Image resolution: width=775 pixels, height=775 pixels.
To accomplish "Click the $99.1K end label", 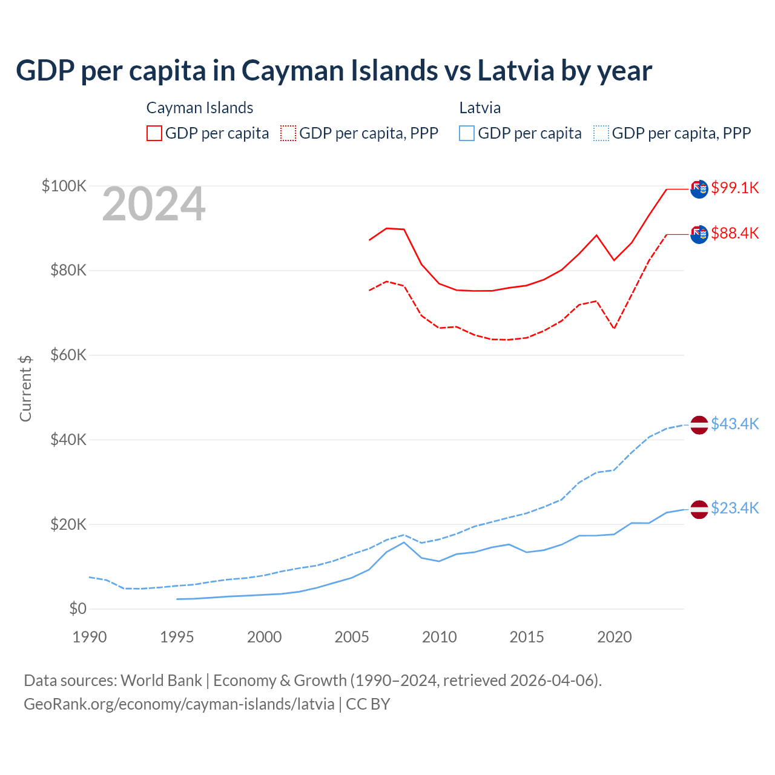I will click(734, 188).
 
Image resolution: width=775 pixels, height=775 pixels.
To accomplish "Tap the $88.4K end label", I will click(734, 233).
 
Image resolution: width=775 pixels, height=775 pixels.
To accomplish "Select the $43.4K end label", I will click(734, 424).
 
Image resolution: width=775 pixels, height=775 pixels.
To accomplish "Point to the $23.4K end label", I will click(734, 508).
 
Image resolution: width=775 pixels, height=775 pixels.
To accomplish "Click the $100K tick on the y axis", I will click(64, 186).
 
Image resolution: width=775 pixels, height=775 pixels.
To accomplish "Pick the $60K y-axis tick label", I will click(68, 355).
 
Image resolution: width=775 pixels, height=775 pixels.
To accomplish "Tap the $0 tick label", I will click(77, 608).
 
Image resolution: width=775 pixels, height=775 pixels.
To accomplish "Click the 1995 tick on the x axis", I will click(177, 637).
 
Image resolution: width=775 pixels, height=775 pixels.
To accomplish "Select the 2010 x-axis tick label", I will click(440, 637).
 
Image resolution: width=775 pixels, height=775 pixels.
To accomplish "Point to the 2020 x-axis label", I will click(615, 637).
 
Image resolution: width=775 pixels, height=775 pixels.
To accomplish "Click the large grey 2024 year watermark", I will click(154, 205).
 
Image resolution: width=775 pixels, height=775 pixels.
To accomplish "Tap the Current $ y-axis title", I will click(25, 388).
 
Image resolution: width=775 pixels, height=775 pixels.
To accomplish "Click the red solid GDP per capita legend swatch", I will click(154, 133).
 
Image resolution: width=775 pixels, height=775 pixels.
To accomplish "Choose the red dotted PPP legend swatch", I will click(288, 133).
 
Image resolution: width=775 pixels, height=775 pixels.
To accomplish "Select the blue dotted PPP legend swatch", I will click(601, 133).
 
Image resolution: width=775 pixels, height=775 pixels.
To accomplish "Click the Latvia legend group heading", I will click(480, 108).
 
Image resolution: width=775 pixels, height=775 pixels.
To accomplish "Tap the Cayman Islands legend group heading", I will click(200, 108).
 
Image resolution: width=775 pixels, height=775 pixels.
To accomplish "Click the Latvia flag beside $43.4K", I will click(699, 425).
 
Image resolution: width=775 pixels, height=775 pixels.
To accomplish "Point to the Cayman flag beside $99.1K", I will click(699, 189).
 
